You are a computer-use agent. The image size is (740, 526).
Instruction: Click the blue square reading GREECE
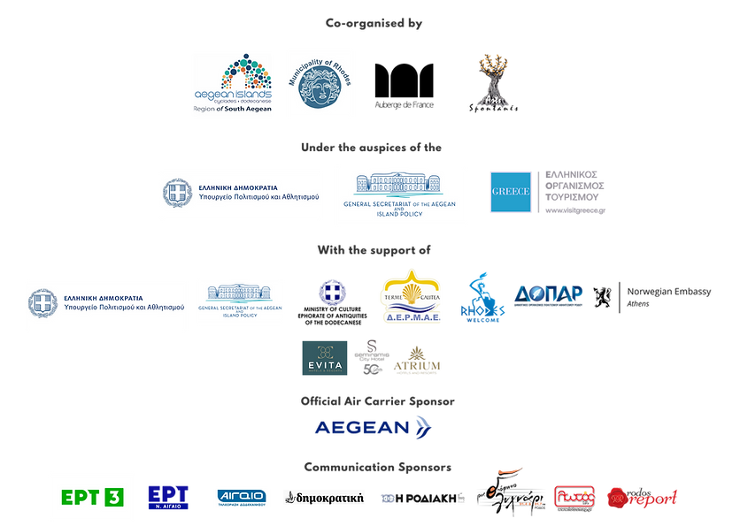(x=510, y=192)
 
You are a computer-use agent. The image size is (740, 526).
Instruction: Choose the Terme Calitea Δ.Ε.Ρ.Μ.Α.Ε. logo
(x=411, y=296)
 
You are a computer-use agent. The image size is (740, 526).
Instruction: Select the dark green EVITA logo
(x=324, y=358)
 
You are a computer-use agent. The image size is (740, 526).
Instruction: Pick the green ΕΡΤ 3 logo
(x=91, y=497)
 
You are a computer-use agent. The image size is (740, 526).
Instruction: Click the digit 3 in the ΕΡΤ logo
(x=113, y=497)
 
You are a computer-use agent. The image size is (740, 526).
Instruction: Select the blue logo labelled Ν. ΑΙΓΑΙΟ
(x=168, y=497)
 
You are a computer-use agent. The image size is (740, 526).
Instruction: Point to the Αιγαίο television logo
(x=242, y=498)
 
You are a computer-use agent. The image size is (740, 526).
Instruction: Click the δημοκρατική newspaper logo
(x=324, y=498)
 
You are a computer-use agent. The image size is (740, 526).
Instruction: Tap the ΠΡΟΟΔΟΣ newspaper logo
(x=421, y=498)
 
